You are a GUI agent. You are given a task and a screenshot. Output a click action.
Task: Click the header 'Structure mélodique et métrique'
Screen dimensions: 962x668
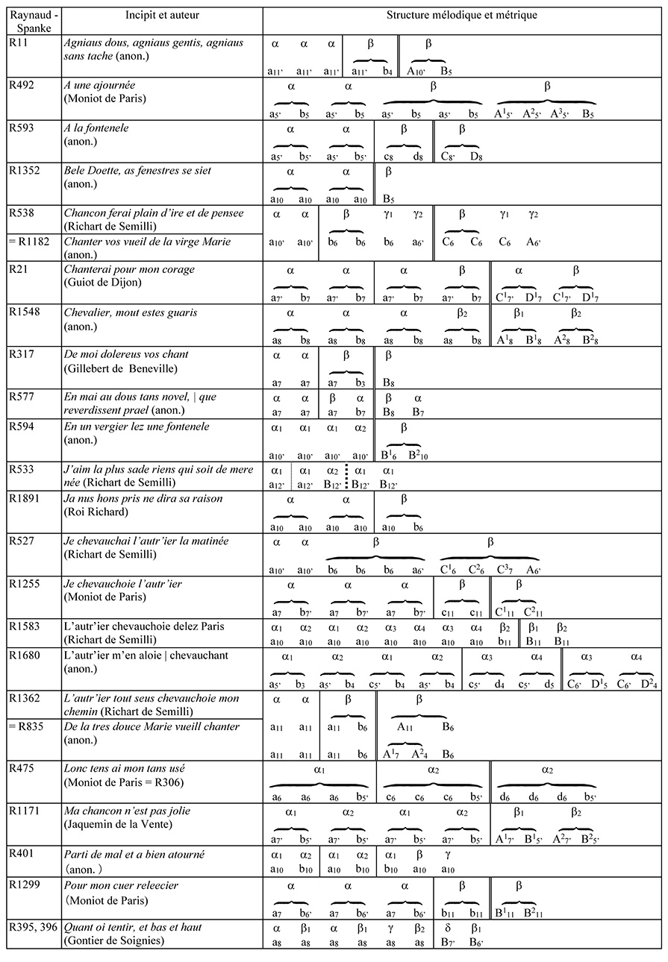pyautogui.click(x=462, y=15)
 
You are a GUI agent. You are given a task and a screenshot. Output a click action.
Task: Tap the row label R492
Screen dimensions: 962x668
pyautogui.click(x=23, y=85)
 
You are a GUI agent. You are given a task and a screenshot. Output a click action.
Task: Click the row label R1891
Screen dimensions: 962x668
pyautogui.click(x=26, y=499)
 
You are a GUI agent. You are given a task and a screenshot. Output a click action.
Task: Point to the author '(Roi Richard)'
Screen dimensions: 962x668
pyautogui.click(x=95, y=512)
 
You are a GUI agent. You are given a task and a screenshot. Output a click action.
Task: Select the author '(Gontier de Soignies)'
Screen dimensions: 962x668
pyautogui.click(x=113, y=940)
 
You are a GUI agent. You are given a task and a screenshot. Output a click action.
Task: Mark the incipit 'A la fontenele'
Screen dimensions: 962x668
pyautogui.click(x=96, y=128)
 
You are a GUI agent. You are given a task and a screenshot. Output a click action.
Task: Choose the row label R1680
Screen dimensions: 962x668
pyautogui.click(x=26, y=655)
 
